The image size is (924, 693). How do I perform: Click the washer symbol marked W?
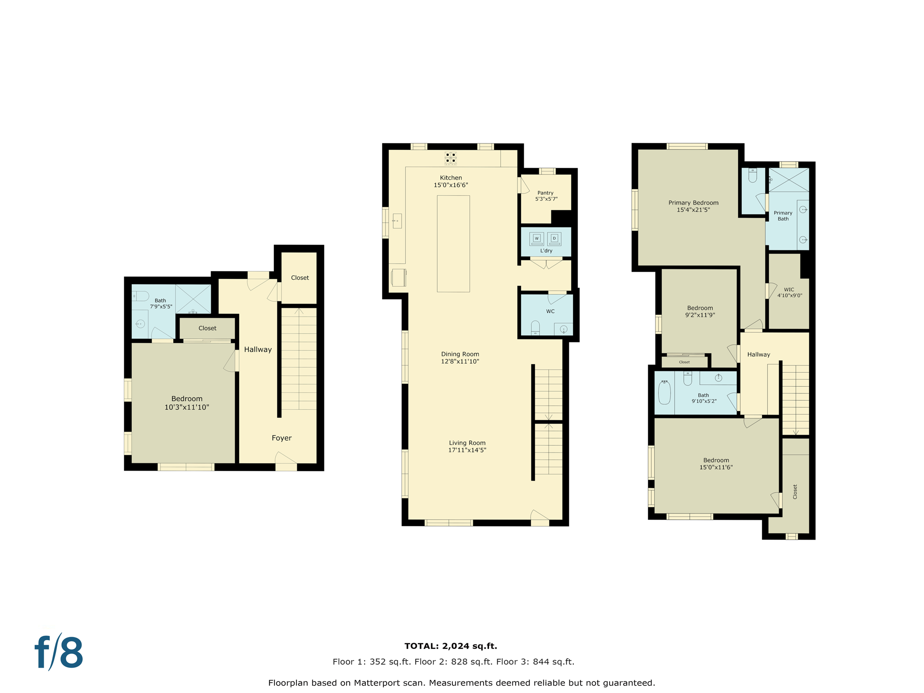pos(536,239)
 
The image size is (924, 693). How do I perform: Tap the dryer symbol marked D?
pos(554,239)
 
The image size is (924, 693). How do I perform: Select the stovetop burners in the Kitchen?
pos(451,158)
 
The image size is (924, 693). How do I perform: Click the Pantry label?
pos(545,193)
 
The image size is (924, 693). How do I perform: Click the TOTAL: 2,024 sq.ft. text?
pos(451,646)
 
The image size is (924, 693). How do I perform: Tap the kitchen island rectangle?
pos(453,244)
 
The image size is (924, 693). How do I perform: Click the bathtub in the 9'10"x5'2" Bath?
pos(664,392)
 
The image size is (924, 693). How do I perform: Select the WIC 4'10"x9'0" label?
pos(789,292)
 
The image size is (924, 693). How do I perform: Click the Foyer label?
pos(282,438)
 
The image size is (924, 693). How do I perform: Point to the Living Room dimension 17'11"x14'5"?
pos(467,450)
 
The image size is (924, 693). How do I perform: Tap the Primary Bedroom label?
pos(693,203)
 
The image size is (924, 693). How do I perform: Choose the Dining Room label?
pos(460,354)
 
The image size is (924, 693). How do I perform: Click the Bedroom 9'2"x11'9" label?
pos(700,311)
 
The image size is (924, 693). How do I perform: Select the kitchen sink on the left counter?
pos(397,221)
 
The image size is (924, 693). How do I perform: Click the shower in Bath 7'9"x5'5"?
pos(193,299)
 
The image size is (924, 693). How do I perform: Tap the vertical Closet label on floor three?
pos(795,492)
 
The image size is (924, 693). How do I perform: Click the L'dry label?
pos(546,251)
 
